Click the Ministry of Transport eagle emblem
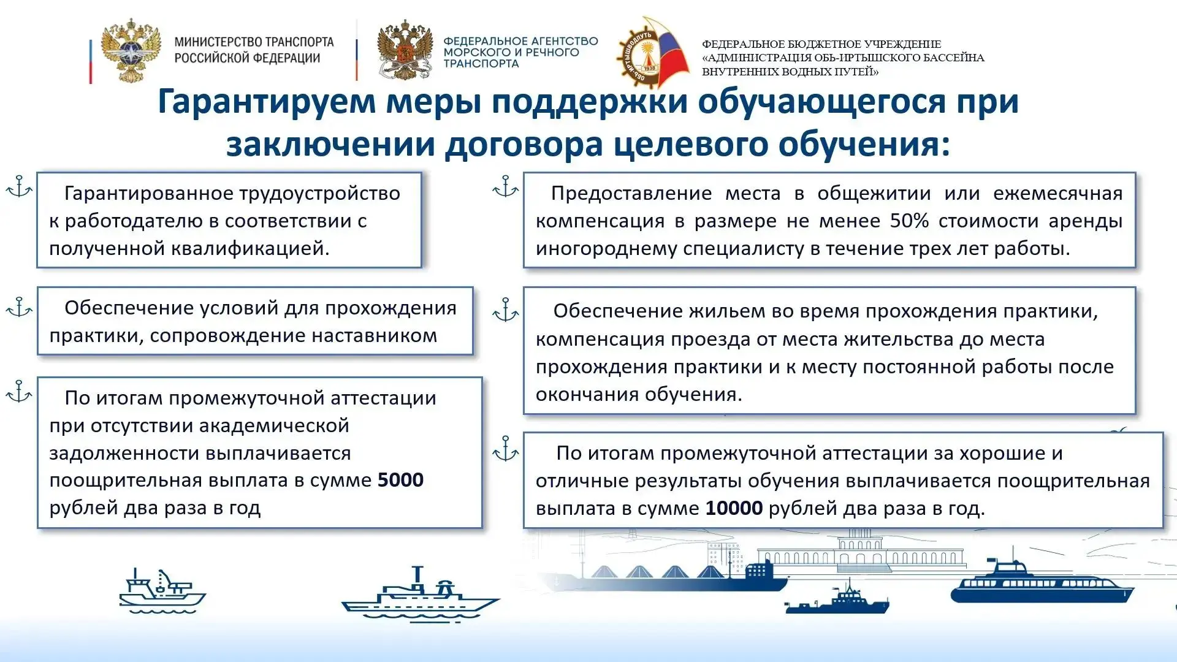point(131,50)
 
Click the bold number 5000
point(400,479)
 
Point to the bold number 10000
point(734,508)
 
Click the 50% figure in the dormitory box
point(909,221)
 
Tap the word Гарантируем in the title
point(266,102)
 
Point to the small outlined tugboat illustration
point(162,590)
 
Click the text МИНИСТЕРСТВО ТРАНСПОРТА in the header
point(254,42)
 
